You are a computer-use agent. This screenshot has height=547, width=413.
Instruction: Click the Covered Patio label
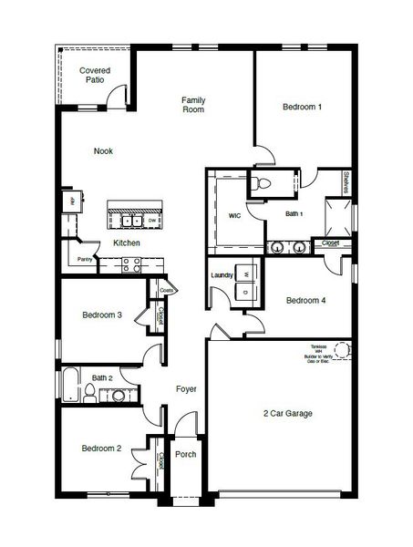click(95, 75)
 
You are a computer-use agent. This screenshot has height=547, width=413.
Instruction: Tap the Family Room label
click(192, 104)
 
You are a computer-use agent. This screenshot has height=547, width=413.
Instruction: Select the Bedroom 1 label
click(302, 107)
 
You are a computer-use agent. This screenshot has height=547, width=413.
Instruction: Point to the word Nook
click(103, 151)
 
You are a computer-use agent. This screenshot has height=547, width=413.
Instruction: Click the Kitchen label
click(126, 243)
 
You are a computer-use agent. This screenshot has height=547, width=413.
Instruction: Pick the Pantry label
click(85, 260)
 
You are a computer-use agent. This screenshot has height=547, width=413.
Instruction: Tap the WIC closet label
click(234, 215)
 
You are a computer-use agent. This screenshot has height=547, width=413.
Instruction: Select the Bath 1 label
click(294, 214)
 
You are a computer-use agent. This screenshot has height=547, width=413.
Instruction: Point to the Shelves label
click(346, 182)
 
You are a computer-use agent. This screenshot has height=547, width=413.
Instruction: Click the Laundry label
click(222, 274)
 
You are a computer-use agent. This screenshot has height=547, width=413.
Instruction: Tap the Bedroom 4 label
click(306, 300)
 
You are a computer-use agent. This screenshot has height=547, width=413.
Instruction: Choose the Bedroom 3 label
click(102, 315)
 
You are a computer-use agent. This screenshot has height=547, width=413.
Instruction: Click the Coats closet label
click(167, 291)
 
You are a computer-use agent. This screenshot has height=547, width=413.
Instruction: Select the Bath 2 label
click(102, 377)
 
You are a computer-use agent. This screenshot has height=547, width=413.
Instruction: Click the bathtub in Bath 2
click(69, 386)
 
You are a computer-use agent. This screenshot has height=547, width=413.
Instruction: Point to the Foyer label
click(186, 389)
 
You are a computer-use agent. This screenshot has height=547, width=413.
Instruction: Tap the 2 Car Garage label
click(288, 413)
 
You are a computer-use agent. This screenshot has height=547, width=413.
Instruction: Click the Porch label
click(186, 454)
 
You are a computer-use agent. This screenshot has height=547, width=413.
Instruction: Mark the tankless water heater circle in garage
click(342, 349)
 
